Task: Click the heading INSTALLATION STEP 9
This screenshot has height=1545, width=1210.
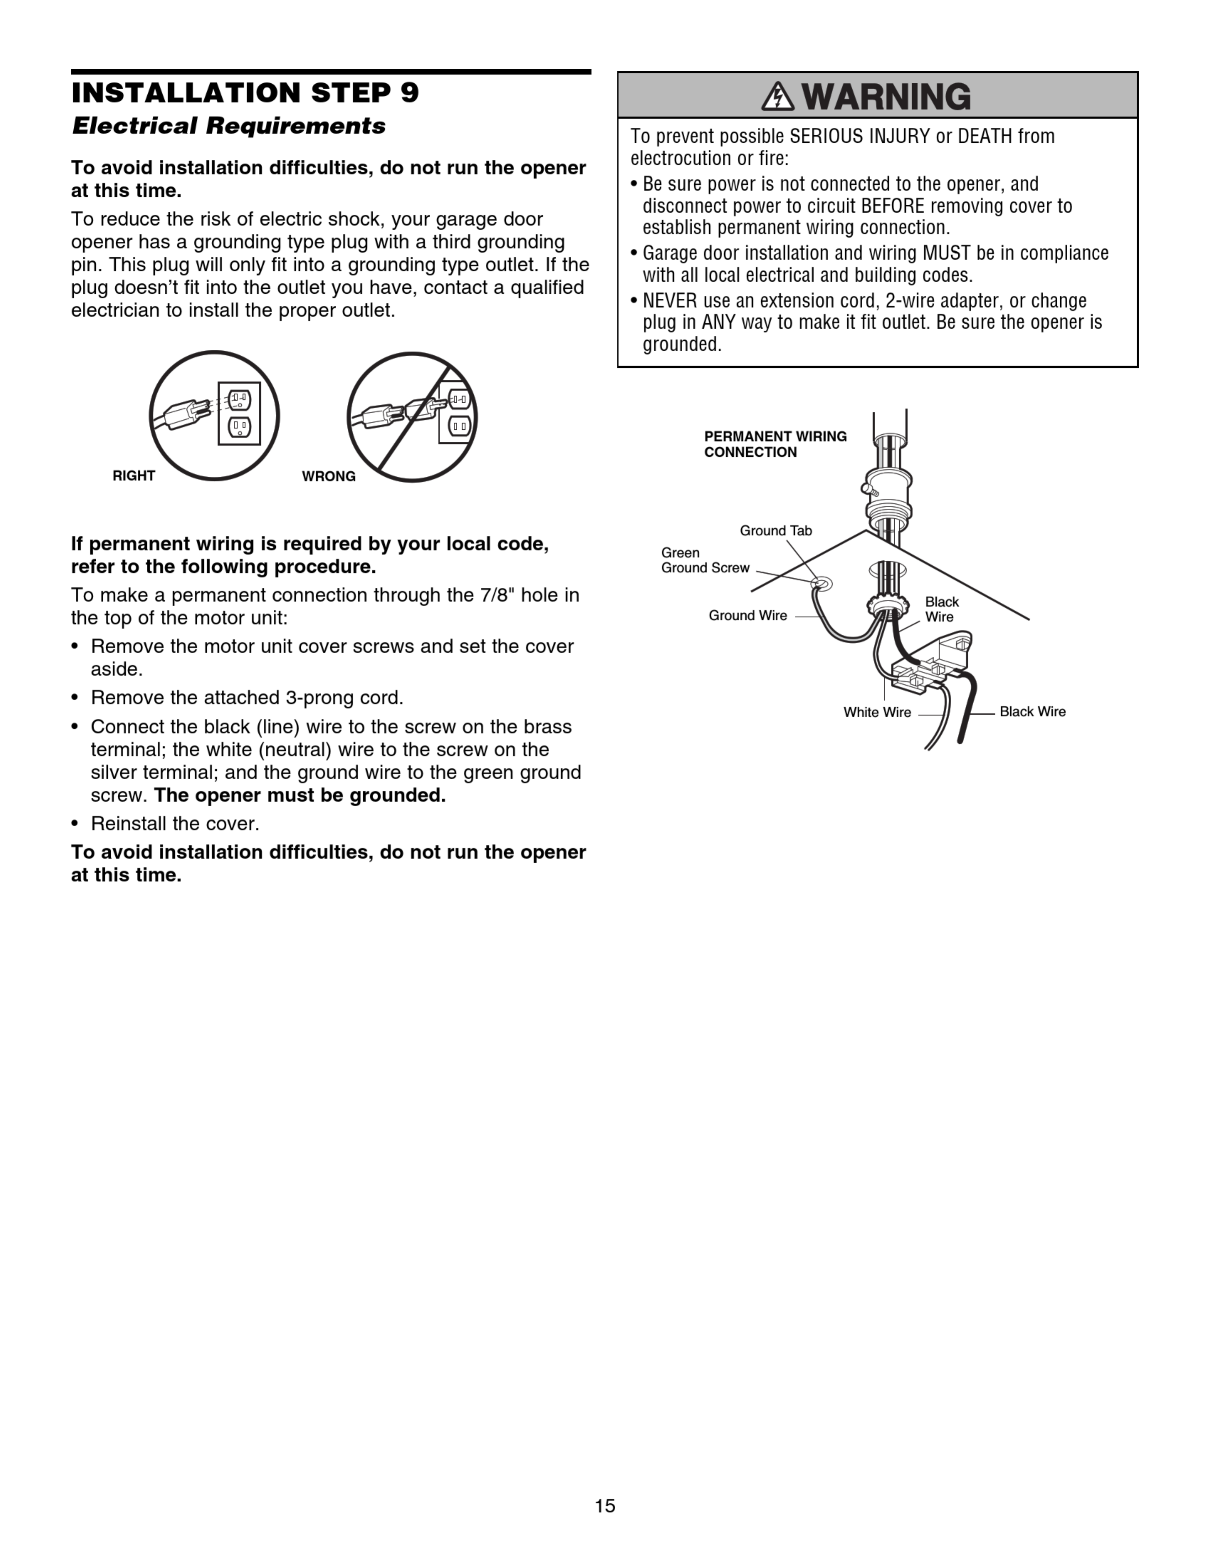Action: coord(245,93)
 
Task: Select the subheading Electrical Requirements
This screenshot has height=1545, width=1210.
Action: coord(229,126)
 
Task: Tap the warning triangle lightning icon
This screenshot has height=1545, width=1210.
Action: coord(777,97)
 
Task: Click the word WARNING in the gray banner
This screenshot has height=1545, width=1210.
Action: coord(887,97)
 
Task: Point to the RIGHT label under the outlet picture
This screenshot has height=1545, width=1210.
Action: coord(134,476)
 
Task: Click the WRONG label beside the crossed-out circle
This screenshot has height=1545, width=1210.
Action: coord(329,476)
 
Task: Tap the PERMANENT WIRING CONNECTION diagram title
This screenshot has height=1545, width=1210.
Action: coord(775,444)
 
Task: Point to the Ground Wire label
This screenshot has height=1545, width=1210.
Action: coord(747,615)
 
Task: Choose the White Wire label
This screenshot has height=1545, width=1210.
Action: coord(877,712)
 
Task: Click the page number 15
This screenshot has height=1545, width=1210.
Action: coord(605,1505)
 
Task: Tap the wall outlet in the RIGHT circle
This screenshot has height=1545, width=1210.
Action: coord(240,414)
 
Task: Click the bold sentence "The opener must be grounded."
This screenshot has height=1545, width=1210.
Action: coord(300,795)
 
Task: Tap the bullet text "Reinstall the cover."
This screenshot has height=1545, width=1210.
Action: coord(175,823)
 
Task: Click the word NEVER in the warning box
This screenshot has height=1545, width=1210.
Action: coord(669,300)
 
